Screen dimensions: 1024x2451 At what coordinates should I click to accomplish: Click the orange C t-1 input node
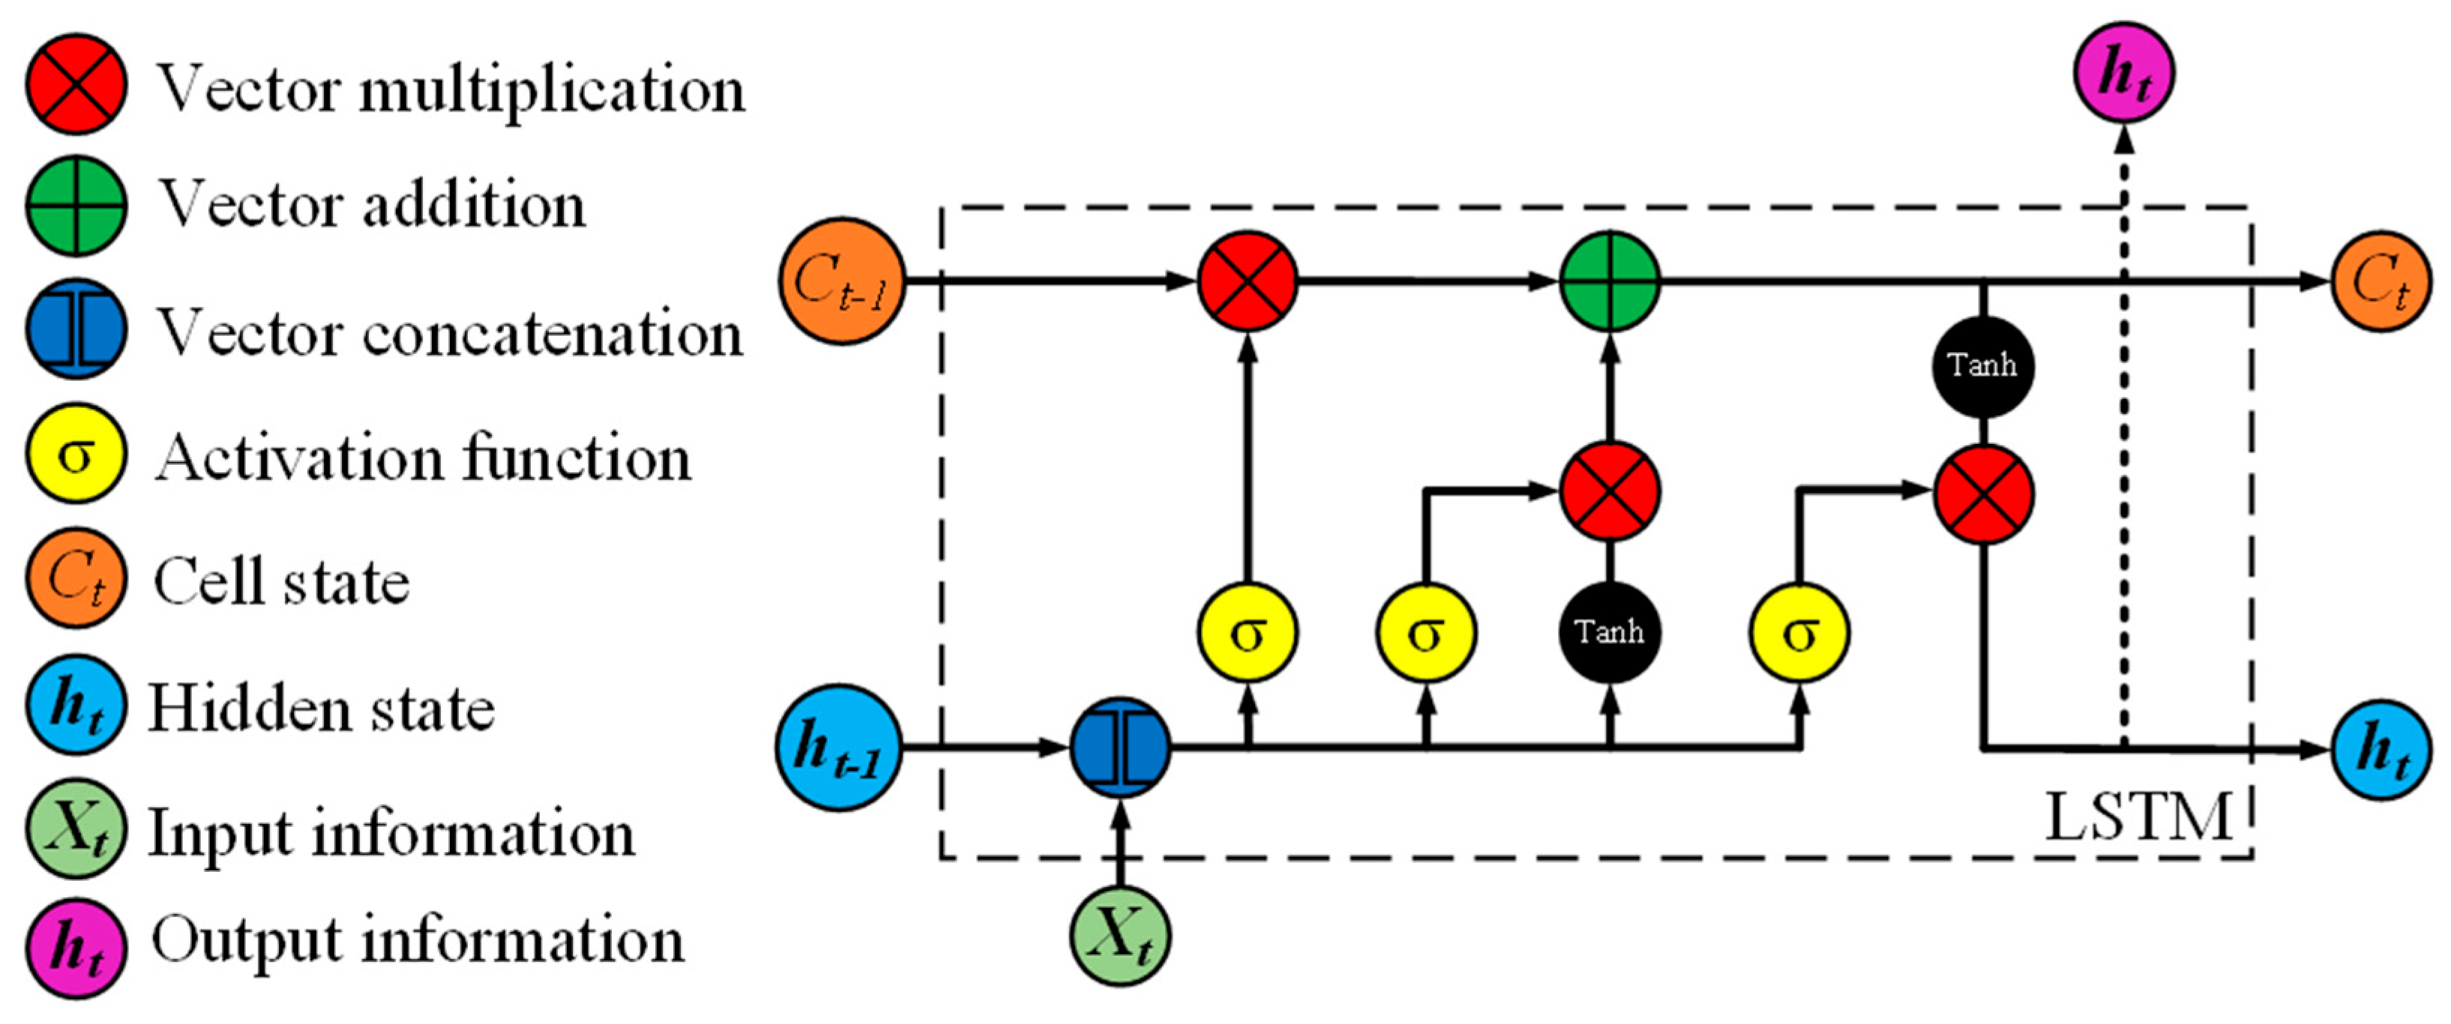(x=841, y=281)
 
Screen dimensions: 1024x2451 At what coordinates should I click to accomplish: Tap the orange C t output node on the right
(x=2381, y=281)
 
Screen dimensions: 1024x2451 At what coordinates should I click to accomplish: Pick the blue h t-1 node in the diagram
(x=838, y=747)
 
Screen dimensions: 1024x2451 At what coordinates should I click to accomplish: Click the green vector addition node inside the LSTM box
(x=1610, y=281)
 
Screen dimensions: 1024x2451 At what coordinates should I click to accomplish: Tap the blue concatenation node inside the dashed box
(x=1120, y=747)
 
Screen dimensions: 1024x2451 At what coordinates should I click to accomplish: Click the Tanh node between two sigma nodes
(x=1610, y=632)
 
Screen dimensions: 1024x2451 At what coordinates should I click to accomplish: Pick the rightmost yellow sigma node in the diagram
(x=1799, y=632)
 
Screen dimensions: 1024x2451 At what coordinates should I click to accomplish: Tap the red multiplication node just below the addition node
(x=1610, y=492)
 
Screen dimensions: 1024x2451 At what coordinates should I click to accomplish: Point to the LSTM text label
(x=2137, y=816)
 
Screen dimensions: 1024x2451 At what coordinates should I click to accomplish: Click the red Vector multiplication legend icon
(x=76, y=84)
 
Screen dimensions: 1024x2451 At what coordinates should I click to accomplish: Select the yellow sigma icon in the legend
(x=76, y=454)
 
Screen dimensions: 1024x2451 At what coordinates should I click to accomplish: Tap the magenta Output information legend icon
(x=76, y=947)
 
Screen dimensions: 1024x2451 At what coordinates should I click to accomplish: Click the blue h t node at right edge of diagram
(x=2381, y=750)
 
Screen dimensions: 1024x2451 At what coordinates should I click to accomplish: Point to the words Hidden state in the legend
(x=322, y=709)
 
